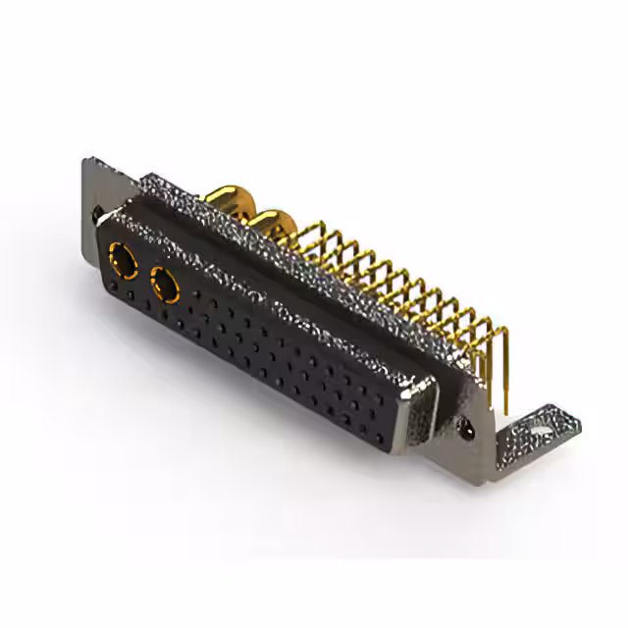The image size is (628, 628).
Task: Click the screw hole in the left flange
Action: tap(96, 210)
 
